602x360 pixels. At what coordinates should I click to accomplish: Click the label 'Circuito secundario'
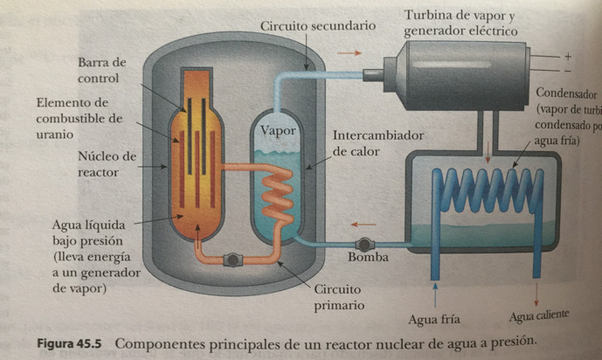coord(318,26)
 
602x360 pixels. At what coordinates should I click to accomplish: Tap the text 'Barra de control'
coord(101,71)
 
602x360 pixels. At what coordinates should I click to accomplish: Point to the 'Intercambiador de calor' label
coord(378,144)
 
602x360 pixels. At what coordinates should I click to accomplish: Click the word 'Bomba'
coord(368,259)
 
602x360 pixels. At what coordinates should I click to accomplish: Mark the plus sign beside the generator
coord(568,55)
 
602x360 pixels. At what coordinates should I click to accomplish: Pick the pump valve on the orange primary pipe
coord(232,260)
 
